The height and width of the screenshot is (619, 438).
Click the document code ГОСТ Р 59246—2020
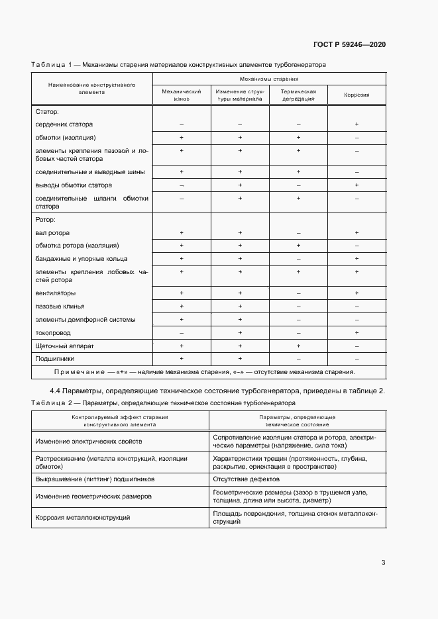[349, 44]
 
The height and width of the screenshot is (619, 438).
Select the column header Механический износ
[182, 95]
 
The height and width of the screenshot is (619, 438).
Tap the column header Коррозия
[356, 95]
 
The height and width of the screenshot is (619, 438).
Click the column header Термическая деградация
[298, 95]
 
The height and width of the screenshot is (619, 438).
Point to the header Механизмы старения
[269, 78]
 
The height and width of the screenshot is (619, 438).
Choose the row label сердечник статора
[64, 124]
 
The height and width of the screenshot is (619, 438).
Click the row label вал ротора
[52, 233]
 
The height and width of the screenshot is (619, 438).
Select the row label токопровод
[53, 333]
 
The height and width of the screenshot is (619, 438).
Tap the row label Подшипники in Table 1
[54, 359]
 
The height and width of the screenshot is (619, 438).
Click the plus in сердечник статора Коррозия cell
[356, 124]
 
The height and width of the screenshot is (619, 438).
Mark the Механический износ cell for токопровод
[182, 333]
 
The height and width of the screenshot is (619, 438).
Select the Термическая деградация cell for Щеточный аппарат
[298, 346]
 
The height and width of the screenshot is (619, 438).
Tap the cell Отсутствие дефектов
[246, 479]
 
